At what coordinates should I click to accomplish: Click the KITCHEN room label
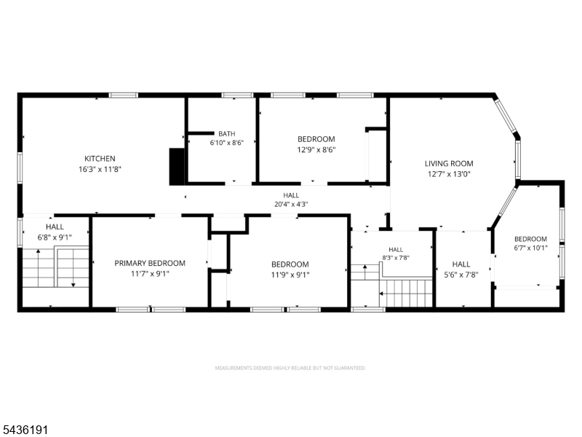click(x=100, y=159)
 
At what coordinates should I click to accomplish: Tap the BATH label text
click(x=227, y=134)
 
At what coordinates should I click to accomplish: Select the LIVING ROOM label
click(x=449, y=163)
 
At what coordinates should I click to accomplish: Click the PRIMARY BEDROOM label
click(x=150, y=264)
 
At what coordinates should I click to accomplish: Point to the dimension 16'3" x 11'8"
click(x=100, y=170)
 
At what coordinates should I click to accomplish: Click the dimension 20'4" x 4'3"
click(x=291, y=204)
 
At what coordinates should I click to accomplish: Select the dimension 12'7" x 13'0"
click(x=449, y=174)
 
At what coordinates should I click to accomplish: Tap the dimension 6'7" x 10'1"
click(x=531, y=248)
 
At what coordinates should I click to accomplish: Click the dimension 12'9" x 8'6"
click(x=316, y=150)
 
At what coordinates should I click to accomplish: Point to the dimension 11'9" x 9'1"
click(x=290, y=275)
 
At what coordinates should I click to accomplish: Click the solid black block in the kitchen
click(x=177, y=167)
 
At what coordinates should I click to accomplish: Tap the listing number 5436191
click(x=24, y=430)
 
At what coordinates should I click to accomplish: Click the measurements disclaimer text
click(x=290, y=369)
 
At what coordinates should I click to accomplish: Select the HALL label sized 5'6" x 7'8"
click(x=461, y=264)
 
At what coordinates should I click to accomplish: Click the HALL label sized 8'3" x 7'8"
click(x=396, y=250)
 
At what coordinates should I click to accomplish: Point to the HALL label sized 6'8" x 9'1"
click(x=55, y=227)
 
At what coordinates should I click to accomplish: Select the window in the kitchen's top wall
click(x=123, y=95)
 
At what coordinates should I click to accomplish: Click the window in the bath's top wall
click(x=238, y=95)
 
